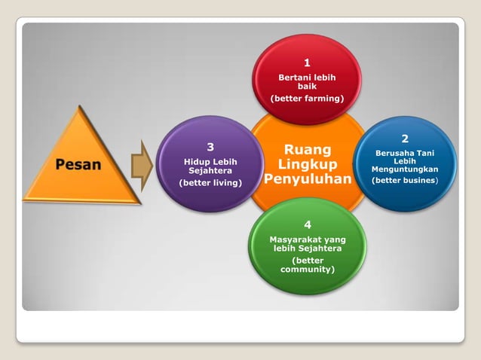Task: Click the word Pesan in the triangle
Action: (x=78, y=163)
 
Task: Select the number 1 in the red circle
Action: (x=307, y=63)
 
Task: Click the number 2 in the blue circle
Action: (x=405, y=139)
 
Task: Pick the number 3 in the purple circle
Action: (x=210, y=146)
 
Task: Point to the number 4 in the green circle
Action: (x=308, y=224)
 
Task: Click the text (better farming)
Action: (x=307, y=98)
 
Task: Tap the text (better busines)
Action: (x=405, y=180)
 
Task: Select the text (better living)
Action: (x=210, y=182)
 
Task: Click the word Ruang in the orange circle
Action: (x=307, y=150)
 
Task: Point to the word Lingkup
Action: (x=307, y=164)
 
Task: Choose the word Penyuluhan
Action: (x=307, y=179)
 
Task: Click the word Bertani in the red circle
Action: (x=294, y=78)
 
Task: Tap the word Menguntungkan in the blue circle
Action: (x=405, y=169)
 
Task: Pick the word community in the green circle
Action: (x=308, y=269)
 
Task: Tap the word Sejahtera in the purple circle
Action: (x=210, y=170)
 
